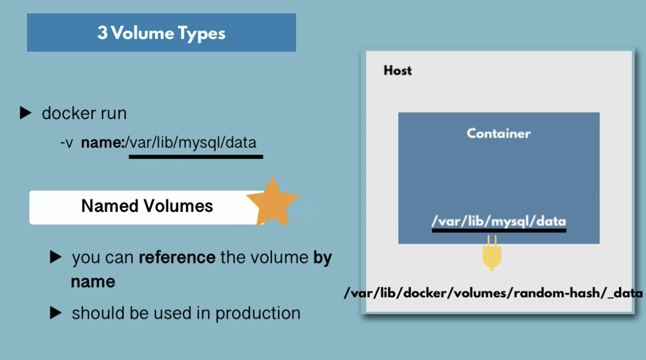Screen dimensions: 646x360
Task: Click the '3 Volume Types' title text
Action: (x=161, y=33)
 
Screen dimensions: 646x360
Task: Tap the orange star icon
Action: (x=272, y=202)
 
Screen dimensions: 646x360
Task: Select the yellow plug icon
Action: (x=492, y=253)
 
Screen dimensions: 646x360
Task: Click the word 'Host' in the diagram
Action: (x=397, y=71)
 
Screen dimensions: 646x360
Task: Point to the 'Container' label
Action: (x=498, y=134)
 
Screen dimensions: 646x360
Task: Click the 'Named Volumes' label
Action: (x=147, y=206)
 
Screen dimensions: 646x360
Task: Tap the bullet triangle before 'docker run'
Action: (x=25, y=113)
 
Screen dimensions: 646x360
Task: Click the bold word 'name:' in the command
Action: (x=103, y=143)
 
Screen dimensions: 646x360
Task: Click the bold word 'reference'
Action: (x=177, y=257)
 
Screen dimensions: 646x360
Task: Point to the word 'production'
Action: (x=258, y=314)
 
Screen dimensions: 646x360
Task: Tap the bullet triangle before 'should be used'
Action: (x=56, y=313)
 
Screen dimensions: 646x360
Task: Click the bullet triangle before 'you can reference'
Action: (x=56, y=256)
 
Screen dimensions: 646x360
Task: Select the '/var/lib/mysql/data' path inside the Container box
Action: (x=498, y=221)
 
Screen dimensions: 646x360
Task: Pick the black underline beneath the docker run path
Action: (x=196, y=157)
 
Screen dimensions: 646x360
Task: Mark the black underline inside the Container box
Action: (x=499, y=231)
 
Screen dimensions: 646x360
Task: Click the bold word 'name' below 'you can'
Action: (x=93, y=282)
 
